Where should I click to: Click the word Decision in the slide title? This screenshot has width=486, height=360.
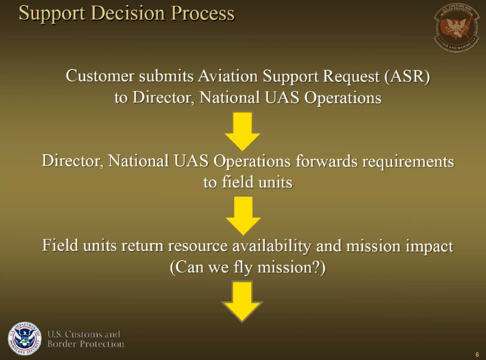(128, 13)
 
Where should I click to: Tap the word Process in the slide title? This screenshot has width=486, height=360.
(202, 13)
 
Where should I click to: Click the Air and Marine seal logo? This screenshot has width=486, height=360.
(457, 28)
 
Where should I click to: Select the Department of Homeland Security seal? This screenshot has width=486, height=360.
(25, 339)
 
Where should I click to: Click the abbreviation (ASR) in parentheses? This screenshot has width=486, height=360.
(407, 76)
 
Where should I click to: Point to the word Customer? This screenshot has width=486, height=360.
(100, 76)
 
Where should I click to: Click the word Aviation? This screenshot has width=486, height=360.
(228, 76)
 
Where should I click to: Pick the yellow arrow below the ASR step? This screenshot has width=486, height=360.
(242, 131)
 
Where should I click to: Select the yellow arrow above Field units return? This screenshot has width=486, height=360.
(243, 216)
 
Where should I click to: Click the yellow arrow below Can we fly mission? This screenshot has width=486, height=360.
(242, 302)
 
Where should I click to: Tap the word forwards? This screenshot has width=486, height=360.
(327, 161)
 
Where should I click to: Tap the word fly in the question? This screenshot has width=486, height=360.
(243, 268)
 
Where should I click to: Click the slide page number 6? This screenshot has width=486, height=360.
(477, 355)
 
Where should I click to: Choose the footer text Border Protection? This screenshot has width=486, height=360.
(85, 344)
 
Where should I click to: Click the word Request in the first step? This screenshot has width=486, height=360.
(351, 77)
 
